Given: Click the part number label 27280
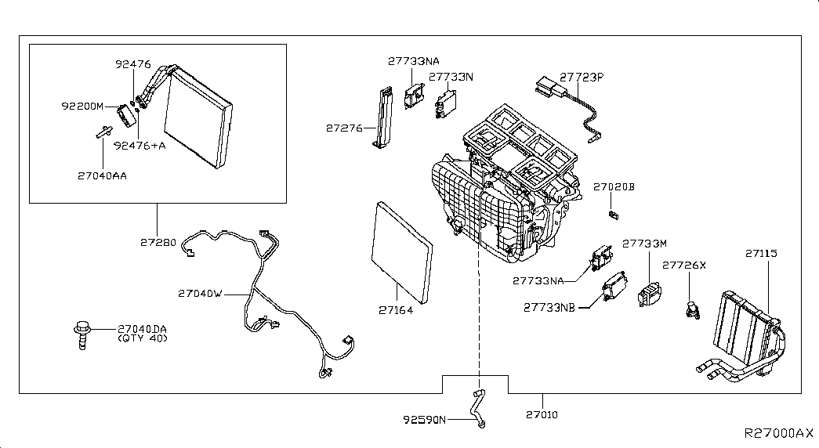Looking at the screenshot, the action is click(x=158, y=242).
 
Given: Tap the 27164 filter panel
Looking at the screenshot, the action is click(x=402, y=253).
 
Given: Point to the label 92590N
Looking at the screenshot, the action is click(x=425, y=419).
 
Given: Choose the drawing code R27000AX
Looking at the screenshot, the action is click(x=779, y=433).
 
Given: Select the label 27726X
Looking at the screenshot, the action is click(x=683, y=266).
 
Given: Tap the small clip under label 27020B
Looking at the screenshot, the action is click(x=613, y=214).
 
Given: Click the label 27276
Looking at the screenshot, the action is click(x=344, y=128).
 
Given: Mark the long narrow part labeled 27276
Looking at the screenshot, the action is click(x=383, y=117).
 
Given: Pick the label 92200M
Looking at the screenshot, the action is click(x=82, y=106).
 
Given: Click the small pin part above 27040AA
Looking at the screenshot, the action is click(x=104, y=132).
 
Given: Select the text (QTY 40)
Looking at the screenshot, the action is click(x=142, y=338).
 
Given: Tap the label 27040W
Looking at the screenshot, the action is click(x=200, y=294).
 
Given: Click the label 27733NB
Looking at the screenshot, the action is click(x=549, y=308).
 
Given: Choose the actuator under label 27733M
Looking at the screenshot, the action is click(x=649, y=294).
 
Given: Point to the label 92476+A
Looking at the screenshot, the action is click(x=140, y=146).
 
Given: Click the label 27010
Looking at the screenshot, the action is click(x=542, y=414).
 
